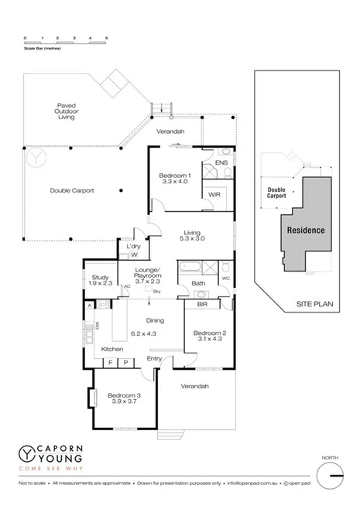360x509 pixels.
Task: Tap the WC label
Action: (x=225, y=277)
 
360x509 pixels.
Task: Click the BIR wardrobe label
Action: (x=202, y=305)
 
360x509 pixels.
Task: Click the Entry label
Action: (x=155, y=358)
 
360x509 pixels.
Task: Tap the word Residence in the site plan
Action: (x=306, y=231)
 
